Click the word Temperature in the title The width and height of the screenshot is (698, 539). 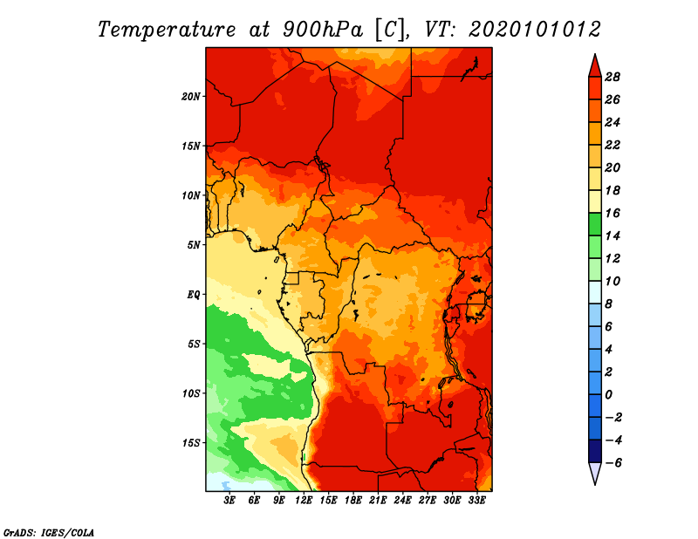coord(167,30)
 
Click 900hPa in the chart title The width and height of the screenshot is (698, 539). coord(323,30)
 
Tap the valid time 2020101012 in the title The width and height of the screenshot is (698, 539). coord(535,30)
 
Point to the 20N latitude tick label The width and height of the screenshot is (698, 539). coord(191,97)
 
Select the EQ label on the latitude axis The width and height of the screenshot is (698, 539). coord(193,295)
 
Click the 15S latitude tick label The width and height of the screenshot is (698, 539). coord(191,443)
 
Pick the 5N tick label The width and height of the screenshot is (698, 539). coord(194,245)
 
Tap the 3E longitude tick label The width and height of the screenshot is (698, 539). coord(229,501)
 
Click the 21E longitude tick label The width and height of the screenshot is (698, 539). coord(378,501)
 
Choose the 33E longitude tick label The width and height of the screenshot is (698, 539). coord(476,501)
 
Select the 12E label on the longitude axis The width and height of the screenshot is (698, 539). coord(303,501)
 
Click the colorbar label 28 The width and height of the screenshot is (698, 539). coord(612,78)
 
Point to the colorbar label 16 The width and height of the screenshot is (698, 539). coord(612,214)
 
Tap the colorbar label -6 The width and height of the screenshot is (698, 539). coord(614,463)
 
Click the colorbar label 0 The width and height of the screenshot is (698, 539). coord(608,395)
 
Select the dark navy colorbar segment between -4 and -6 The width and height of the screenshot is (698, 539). coord(595,451)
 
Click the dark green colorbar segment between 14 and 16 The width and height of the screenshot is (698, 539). coord(595,225)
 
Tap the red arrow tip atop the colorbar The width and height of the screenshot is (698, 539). coord(595,54)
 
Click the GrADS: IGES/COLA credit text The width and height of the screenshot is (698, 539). coord(49,533)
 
